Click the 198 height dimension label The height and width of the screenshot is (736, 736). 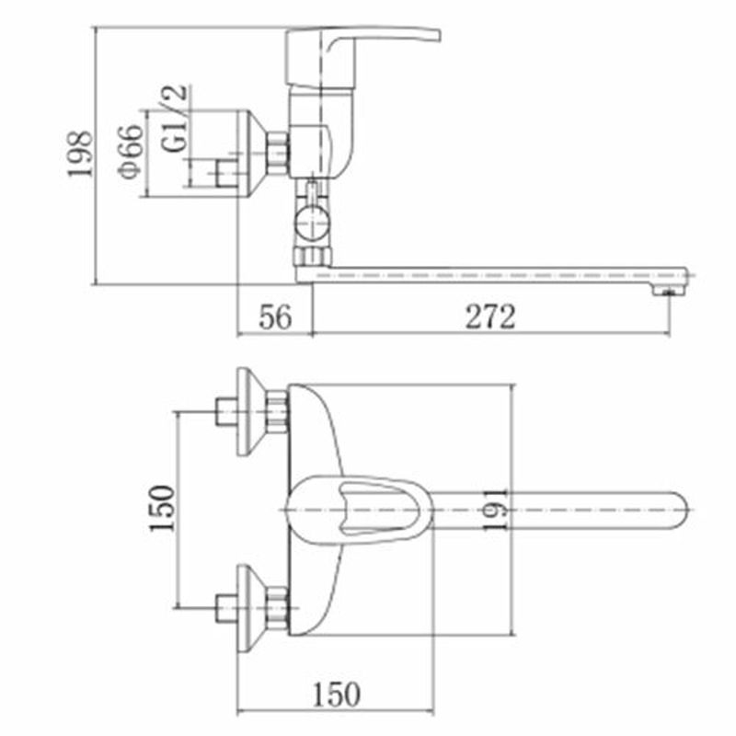point(79,154)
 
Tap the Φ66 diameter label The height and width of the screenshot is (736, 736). point(131,152)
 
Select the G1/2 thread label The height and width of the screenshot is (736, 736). point(175,118)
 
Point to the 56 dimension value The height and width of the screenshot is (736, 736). point(275,316)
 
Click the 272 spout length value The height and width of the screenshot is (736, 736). point(490,316)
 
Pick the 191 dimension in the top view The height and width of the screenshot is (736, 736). point(495,510)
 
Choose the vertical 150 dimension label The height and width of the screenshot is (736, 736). point(162,509)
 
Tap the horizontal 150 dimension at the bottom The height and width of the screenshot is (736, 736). point(337,695)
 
